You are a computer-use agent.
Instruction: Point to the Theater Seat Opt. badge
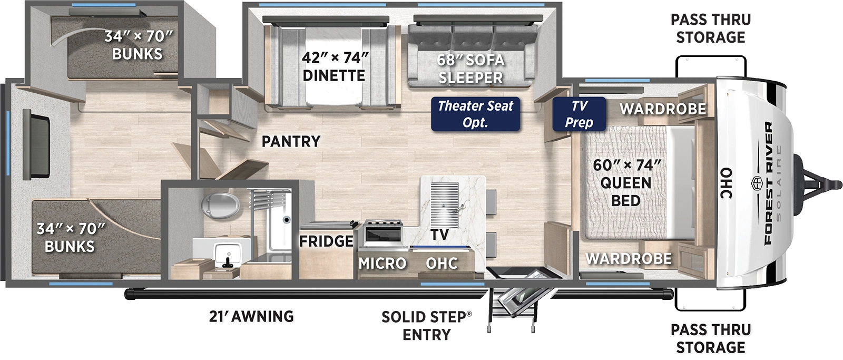475,114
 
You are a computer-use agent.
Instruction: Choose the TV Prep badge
579,114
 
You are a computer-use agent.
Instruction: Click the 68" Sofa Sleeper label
470,69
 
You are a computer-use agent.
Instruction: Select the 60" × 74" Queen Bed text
626,182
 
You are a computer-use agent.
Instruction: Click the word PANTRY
291,141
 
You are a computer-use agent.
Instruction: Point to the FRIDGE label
326,241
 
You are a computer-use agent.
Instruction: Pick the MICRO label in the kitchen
383,263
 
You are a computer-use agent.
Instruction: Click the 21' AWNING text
250,316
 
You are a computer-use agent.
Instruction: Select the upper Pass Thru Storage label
710,28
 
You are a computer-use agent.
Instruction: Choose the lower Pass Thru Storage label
710,338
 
